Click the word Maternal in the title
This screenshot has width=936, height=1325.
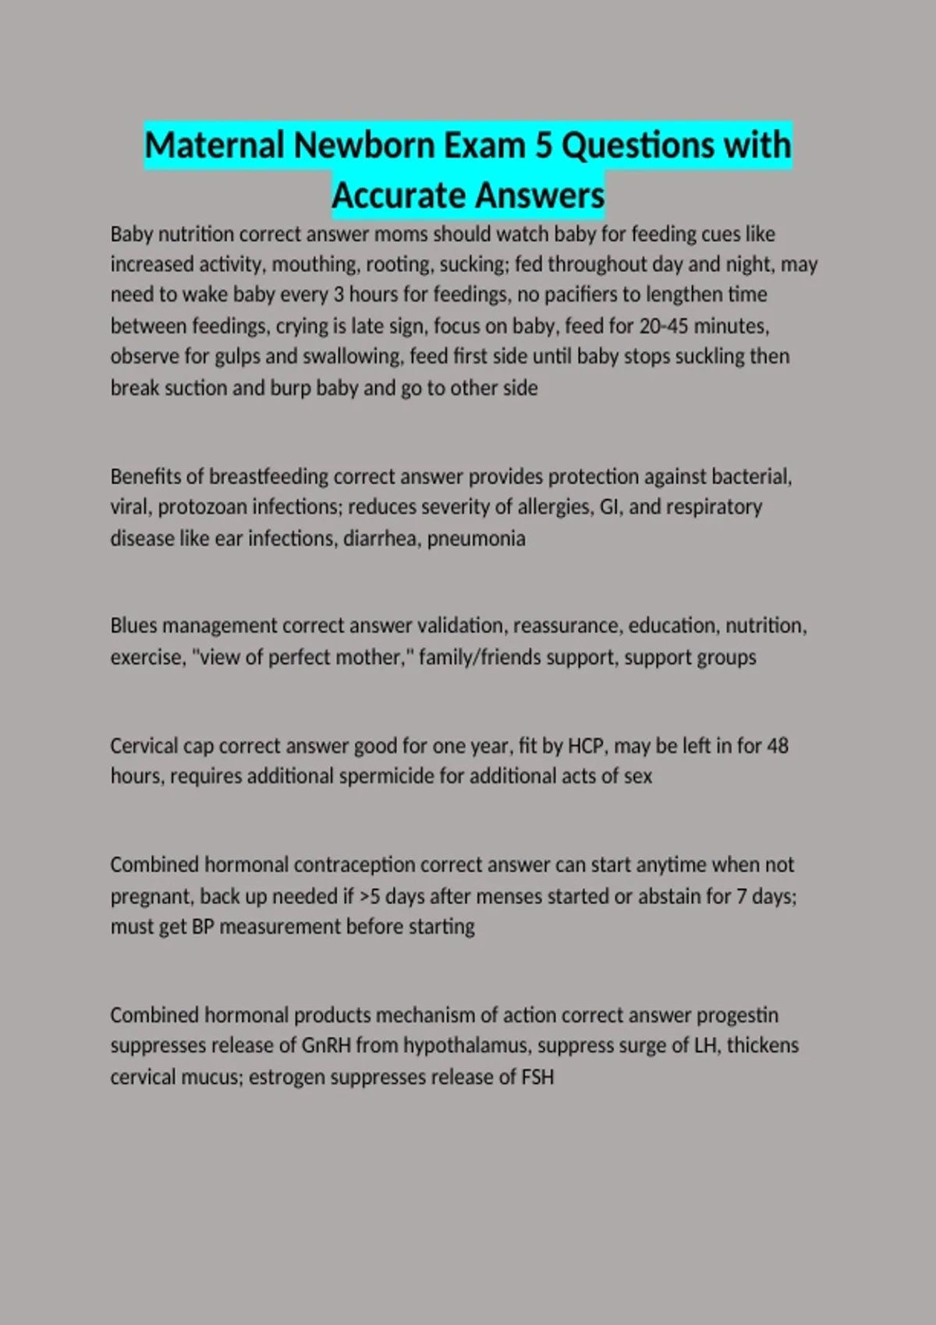pos(214,146)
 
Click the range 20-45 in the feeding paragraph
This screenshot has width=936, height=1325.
pos(665,325)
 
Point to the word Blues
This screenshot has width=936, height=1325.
pos(133,626)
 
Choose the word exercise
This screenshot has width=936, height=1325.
pos(147,657)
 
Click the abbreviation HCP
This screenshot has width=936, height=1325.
pos(586,746)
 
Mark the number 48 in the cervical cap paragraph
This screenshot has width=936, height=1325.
pos(778,746)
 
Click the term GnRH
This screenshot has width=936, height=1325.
pos(326,1045)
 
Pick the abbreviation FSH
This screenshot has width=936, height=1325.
pos(537,1077)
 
